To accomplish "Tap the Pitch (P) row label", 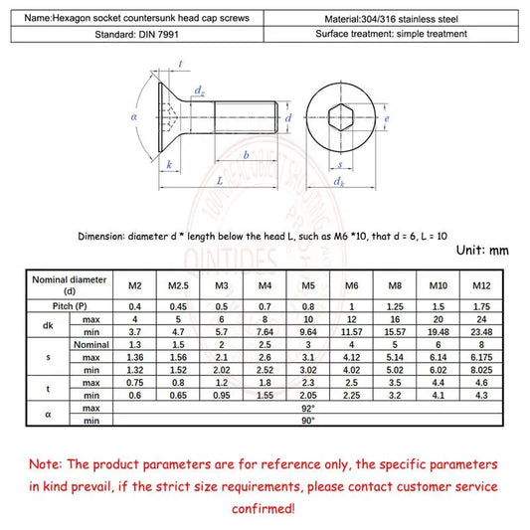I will [70, 307].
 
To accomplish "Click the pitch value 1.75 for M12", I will [482, 307].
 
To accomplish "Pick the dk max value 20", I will [439, 320].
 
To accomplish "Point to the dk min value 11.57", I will [350, 332].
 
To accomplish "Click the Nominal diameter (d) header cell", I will [70, 286].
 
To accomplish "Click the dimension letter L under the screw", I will [219, 182].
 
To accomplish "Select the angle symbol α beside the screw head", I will [132, 117].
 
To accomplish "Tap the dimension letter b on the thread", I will [246, 156].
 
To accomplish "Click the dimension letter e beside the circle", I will [387, 119].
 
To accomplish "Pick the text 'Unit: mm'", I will [482, 251].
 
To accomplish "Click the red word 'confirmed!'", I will [265, 508].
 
